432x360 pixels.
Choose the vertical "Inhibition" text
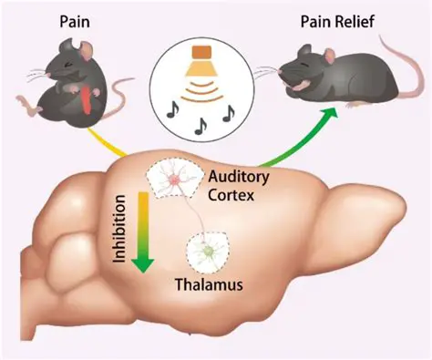(x=118, y=232)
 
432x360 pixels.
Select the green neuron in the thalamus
(x=209, y=248)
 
